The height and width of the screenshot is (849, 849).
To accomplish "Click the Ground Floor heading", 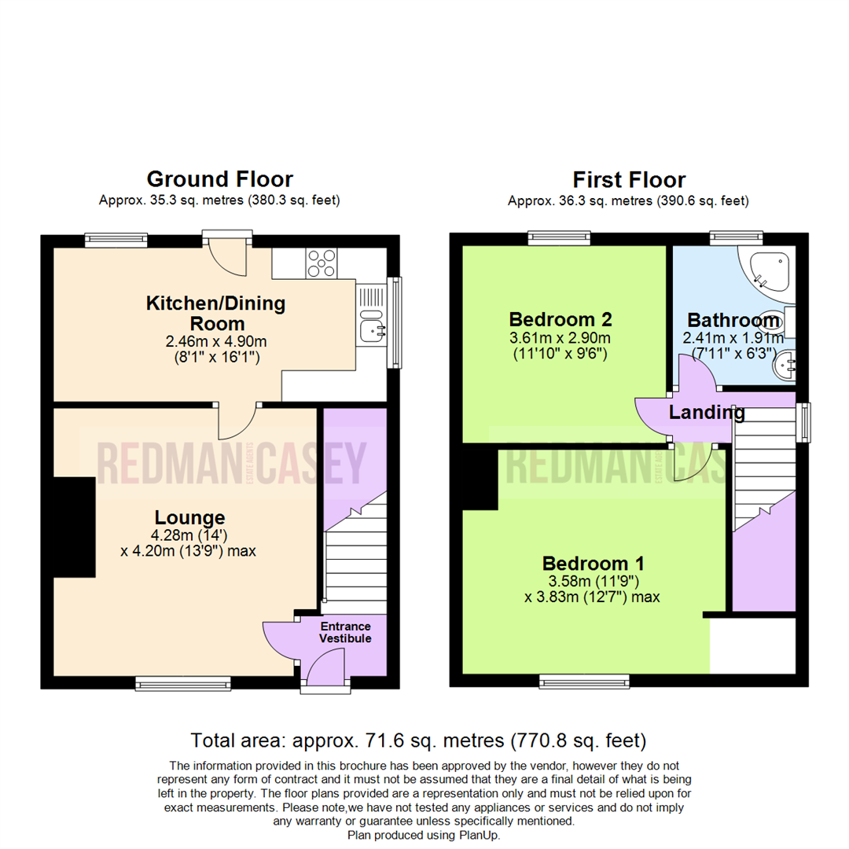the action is [x=220, y=179].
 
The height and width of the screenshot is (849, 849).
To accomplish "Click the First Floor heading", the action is [x=629, y=180].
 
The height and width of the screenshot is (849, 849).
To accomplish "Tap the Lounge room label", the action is [x=189, y=517].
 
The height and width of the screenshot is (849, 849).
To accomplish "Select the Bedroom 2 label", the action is [x=560, y=319].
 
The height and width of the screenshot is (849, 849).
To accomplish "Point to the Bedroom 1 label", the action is [x=593, y=564].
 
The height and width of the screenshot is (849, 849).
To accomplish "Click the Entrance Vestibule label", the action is [x=345, y=632].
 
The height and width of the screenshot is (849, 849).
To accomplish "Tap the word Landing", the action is [x=707, y=413].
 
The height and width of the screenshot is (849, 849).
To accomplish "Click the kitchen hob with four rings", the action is [x=321, y=263].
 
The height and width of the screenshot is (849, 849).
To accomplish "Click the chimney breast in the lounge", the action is [x=75, y=527].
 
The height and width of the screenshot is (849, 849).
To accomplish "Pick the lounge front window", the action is [x=183, y=684].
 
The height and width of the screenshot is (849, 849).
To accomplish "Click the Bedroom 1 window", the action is [x=585, y=682].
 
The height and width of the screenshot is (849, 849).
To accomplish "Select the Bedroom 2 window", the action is [x=560, y=238].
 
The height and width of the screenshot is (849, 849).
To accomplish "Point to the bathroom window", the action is [x=737, y=238].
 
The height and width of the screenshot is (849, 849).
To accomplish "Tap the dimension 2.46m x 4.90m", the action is [x=216, y=342].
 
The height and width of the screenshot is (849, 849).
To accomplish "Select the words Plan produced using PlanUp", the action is [x=424, y=836].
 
